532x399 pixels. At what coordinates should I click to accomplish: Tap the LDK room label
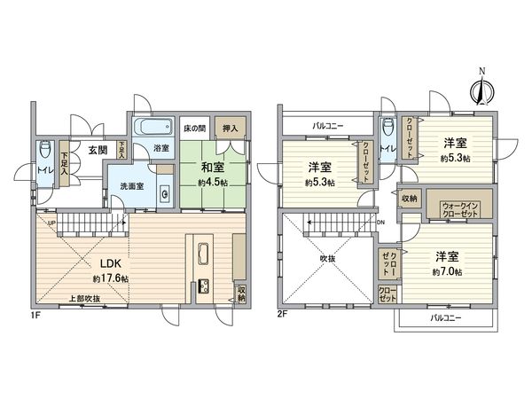pyautogui.click(x=110, y=263)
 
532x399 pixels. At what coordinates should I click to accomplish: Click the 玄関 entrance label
pyautogui.click(x=98, y=151)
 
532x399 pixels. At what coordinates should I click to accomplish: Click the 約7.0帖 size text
pyautogui.click(x=447, y=271)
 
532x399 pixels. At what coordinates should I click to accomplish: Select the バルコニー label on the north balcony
pyautogui.click(x=328, y=126)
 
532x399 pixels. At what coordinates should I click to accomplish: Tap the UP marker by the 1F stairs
pyautogui.click(x=51, y=223)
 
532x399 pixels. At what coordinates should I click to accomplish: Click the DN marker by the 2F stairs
pyautogui.click(x=380, y=223)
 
